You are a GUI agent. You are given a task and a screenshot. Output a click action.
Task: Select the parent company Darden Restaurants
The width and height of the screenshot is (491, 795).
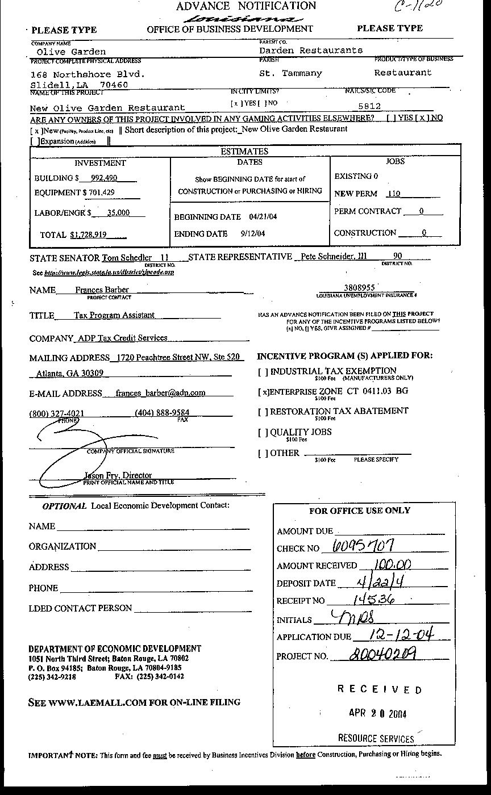[x=310, y=50]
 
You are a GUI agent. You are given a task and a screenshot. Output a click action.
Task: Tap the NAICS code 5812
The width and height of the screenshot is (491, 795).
[x=369, y=106]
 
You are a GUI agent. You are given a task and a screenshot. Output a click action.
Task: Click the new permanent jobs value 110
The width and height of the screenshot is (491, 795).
[x=393, y=194]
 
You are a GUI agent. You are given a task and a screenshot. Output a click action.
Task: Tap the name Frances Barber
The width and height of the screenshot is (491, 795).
[x=102, y=290]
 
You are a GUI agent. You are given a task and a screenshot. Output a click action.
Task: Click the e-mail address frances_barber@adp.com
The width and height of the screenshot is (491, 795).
[x=160, y=392]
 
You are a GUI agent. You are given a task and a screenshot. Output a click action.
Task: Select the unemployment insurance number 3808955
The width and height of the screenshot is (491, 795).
[x=359, y=287]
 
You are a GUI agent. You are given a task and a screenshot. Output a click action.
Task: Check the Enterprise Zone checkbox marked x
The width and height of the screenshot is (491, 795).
[x=263, y=392]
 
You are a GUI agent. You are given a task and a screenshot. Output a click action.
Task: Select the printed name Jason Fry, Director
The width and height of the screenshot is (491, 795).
[x=118, y=475]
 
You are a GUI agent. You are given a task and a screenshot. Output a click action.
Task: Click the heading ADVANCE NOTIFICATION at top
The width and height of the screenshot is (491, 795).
[x=246, y=6]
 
